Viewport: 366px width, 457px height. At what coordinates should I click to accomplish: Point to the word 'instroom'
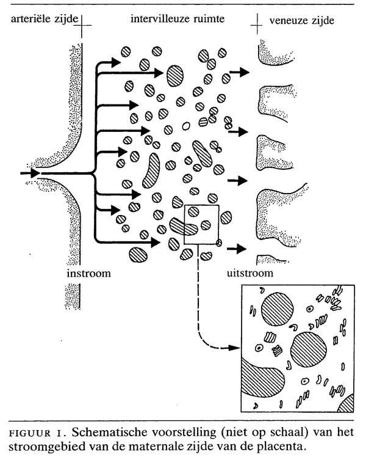coord(89,273)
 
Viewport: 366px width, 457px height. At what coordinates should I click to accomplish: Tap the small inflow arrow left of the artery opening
coord(30,174)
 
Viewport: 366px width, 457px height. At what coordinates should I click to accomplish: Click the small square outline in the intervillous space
coord(201,224)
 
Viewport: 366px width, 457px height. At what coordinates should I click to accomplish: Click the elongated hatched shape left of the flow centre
coord(150,170)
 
